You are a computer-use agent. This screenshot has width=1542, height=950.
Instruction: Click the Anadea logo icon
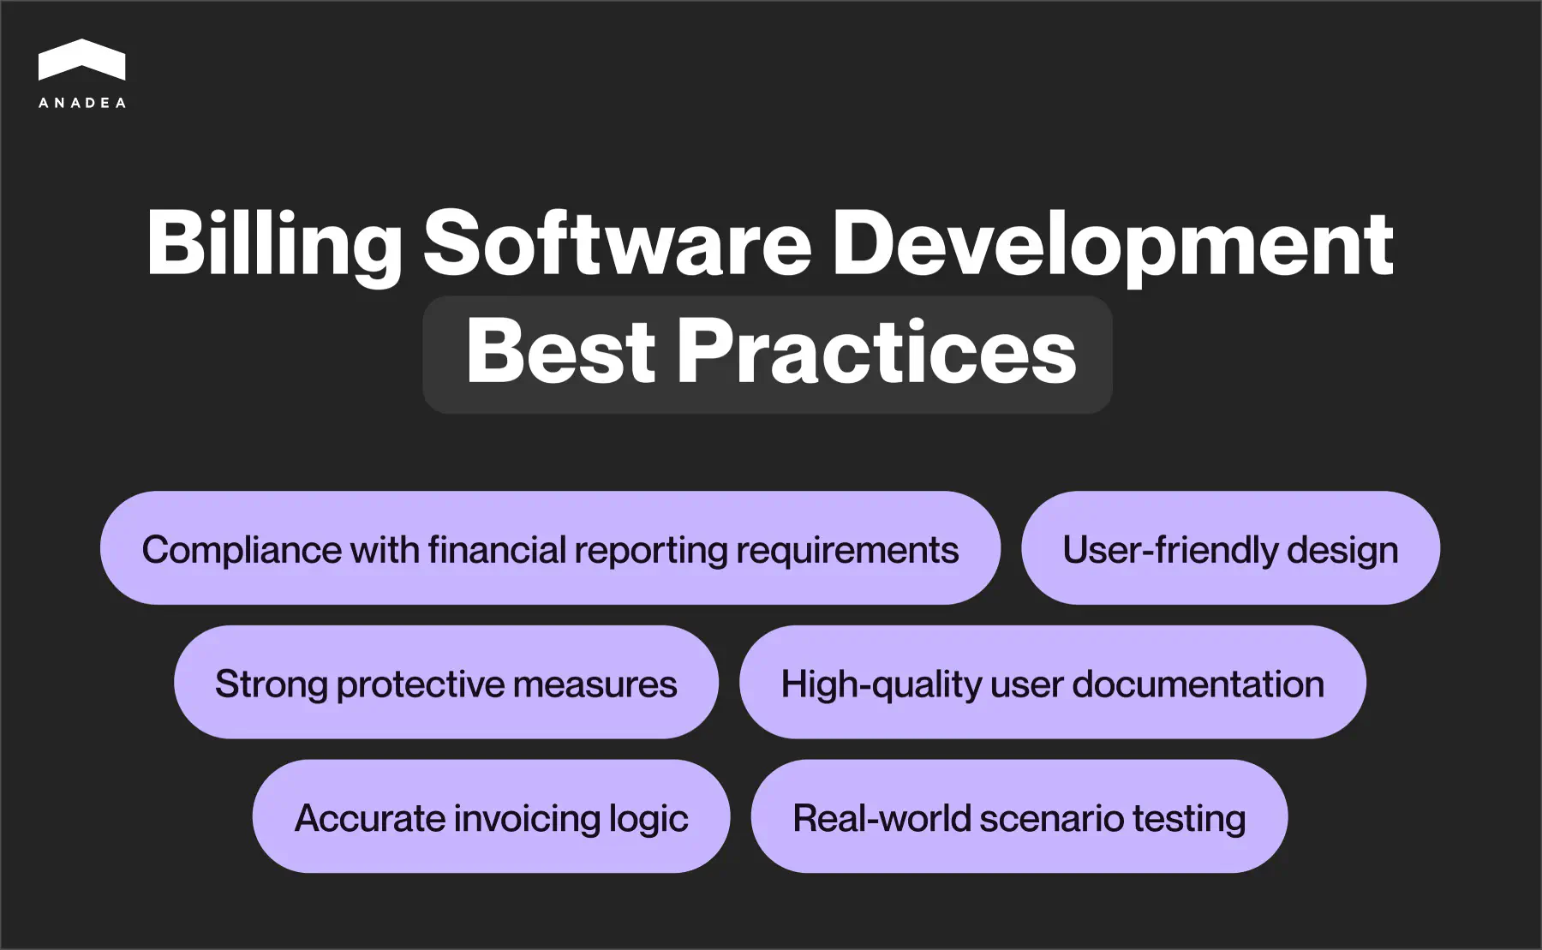[x=82, y=60]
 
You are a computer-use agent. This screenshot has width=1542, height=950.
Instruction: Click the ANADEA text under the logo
[x=82, y=103]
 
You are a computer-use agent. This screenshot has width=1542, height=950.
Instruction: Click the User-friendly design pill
[x=1230, y=549]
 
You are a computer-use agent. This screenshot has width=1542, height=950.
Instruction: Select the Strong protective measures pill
[x=445, y=683]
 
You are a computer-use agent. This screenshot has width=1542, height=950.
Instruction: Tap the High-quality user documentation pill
[x=1052, y=683]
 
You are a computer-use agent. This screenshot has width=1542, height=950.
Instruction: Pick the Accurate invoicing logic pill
[x=491, y=817]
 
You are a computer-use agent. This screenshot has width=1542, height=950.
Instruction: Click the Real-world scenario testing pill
[x=1019, y=817]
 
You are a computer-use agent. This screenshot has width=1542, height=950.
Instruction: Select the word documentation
[x=1198, y=684]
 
